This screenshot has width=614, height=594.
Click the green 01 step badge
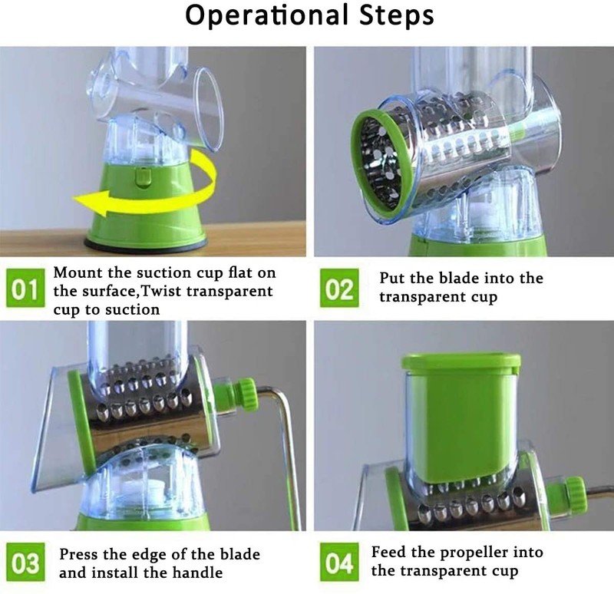(x=25, y=289)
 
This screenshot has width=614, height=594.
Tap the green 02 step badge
(x=339, y=288)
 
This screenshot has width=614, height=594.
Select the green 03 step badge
(x=25, y=562)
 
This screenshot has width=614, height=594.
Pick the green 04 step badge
(x=339, y=562)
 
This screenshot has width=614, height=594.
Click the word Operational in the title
(x=266, y=15)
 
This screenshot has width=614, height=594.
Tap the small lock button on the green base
(x=144, y=177)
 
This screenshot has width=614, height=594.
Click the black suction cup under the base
(x=146, y=246)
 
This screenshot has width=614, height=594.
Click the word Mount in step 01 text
(x=78, y=272)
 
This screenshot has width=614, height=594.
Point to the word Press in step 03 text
(x=79, y=554)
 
